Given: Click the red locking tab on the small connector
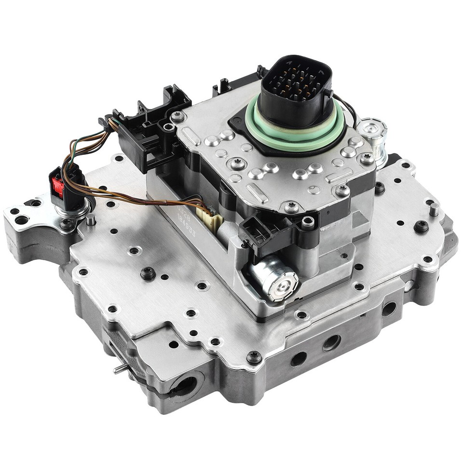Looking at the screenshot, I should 58,186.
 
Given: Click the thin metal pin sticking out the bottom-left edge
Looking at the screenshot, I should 120,368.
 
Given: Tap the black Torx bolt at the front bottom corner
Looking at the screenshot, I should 254,357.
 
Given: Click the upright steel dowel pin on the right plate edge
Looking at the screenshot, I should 434,209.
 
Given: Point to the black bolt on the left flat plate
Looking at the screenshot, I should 148,273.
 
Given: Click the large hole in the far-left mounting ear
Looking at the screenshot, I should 22,220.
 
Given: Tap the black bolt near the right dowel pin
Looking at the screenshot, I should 421,226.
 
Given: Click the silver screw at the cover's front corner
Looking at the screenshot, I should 291,208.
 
